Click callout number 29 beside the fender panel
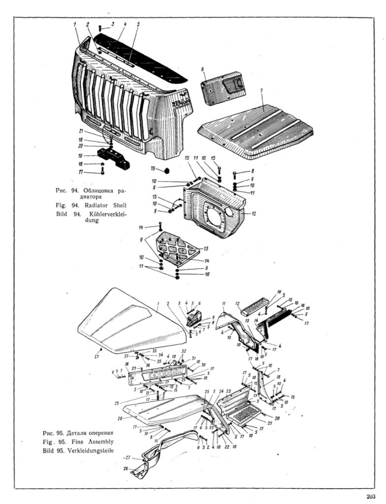pyautogui.click(x=116, y=403)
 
